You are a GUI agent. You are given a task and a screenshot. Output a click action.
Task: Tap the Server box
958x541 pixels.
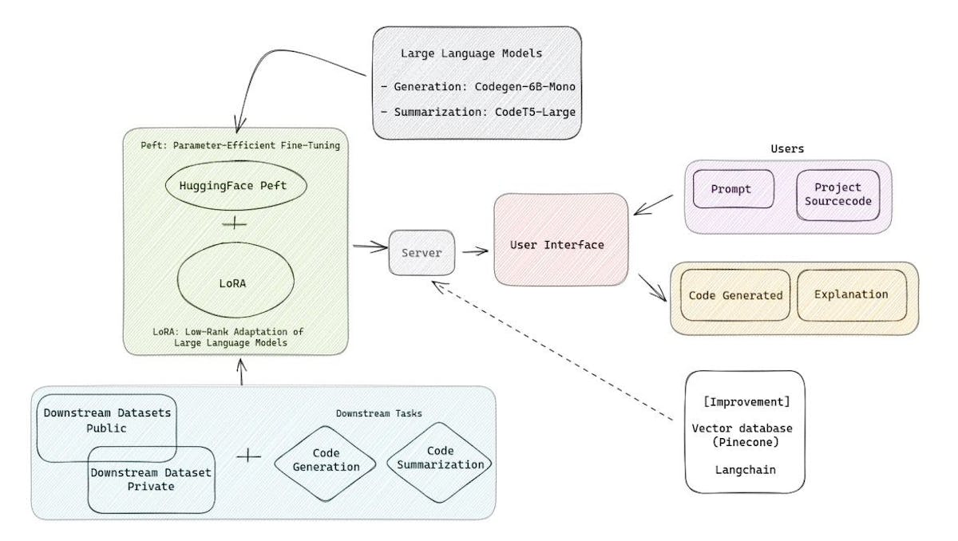point(422,252)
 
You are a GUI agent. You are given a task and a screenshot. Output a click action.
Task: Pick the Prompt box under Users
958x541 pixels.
point(732,188)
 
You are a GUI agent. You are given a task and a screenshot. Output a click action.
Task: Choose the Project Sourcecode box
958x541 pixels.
point(838,194)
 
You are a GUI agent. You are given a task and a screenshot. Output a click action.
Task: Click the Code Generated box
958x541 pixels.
point(734,295)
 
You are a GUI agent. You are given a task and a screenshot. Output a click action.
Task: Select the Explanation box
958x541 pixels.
point(851,294)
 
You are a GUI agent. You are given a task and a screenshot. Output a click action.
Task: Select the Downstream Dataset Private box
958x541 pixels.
point(152,479)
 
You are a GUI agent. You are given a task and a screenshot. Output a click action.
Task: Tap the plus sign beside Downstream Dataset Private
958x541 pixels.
point(249,456)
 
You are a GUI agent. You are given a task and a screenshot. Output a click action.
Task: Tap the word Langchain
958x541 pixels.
point(745,469)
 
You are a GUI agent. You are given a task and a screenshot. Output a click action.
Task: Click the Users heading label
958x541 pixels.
point(787,148)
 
